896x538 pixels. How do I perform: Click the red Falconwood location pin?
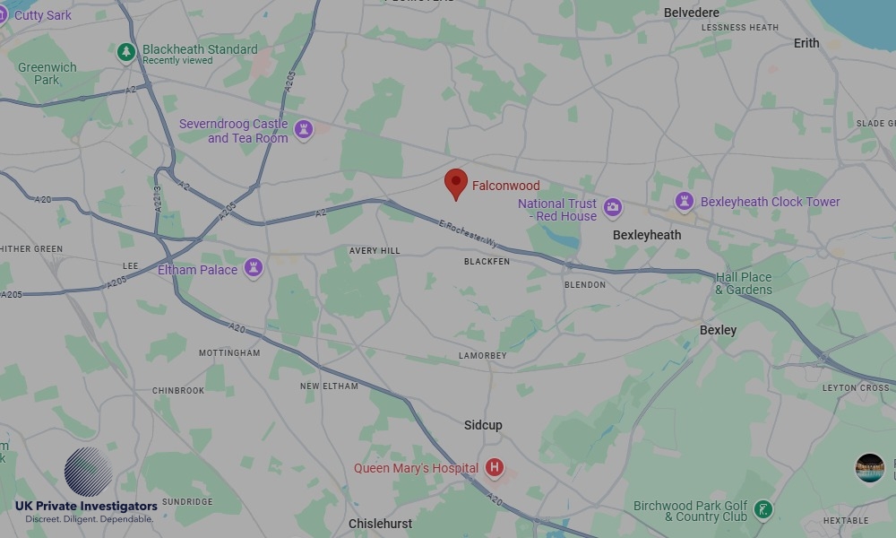456,183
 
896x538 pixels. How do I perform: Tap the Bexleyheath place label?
647,235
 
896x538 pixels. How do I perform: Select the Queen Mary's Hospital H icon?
494,467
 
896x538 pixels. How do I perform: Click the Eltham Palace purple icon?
254,268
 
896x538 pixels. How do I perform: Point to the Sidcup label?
483,425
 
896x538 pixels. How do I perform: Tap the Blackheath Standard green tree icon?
126,53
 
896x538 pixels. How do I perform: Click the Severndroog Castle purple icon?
304,130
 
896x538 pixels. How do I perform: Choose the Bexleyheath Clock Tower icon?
685,202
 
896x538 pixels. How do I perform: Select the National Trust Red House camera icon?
613,209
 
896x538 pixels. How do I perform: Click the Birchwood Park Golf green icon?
762,509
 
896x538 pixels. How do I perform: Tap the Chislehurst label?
380,524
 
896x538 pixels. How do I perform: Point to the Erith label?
806,43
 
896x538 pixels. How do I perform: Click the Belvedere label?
691,13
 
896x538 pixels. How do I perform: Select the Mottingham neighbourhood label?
229,353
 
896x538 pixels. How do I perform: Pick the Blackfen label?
487,262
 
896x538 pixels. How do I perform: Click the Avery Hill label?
375,251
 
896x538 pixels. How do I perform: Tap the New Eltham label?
329,386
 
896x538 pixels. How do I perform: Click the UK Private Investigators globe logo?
88,472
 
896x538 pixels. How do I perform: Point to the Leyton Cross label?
856,388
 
